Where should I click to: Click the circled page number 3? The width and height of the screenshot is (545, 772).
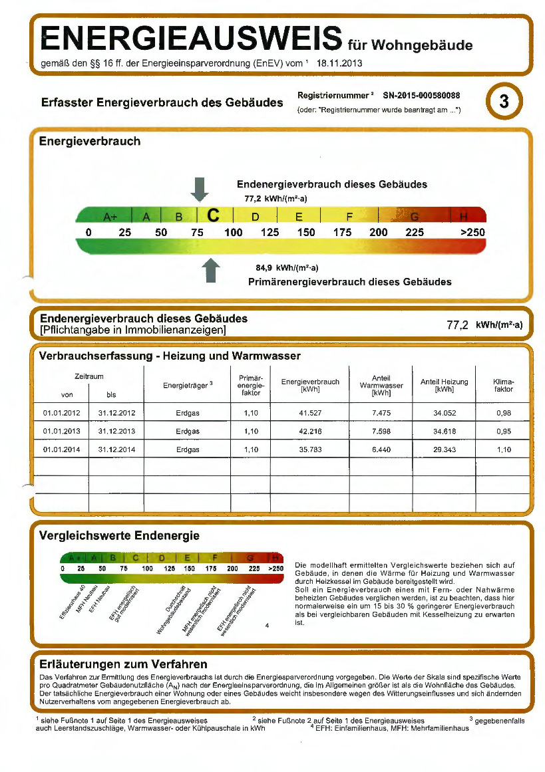pos(504,102)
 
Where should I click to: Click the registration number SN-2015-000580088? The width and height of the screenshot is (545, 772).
pos(422,96)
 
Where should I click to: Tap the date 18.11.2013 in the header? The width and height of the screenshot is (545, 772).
pos(339,63)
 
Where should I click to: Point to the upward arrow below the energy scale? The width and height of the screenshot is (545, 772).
pos(210,270)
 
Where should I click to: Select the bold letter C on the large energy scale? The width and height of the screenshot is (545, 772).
pos(213,216)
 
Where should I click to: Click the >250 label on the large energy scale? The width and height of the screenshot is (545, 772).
pos(472,233)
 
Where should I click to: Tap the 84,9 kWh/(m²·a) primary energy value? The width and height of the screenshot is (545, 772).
pos(287,268)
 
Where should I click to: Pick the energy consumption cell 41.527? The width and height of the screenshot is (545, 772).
pos(310,413)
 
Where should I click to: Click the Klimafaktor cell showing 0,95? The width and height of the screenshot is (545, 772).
pos(504,431)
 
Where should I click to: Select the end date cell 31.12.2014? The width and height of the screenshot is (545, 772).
pos(116,450)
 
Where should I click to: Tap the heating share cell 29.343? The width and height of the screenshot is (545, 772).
pos(444,450)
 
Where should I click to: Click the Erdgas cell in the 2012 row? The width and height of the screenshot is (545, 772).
pos(188,413)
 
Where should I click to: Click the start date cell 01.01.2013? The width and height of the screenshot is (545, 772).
pos(61,431)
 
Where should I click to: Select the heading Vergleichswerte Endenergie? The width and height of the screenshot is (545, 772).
pos(120,535)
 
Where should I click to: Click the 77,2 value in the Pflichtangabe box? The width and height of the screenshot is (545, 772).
pos(458,325)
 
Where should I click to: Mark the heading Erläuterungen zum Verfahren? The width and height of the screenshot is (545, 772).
pos(124,664)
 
